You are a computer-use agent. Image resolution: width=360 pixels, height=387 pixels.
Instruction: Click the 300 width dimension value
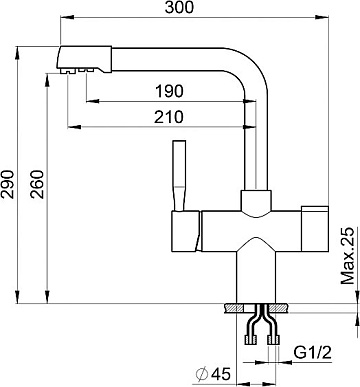179,7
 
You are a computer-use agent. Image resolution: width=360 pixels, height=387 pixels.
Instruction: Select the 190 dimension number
169,91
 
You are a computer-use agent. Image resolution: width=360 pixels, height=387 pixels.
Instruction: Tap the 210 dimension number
169,117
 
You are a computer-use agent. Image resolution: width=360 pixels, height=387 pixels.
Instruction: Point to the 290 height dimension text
7,184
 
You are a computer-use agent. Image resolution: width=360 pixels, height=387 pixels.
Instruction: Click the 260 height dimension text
37,184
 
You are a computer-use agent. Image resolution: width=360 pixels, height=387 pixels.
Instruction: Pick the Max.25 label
347,256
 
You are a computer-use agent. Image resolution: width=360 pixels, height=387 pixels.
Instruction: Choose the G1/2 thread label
313,352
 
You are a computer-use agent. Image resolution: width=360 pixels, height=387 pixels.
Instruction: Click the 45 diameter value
221,374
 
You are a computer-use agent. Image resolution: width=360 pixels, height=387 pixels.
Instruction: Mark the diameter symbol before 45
202,374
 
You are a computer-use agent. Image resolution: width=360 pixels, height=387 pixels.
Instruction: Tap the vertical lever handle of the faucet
178,176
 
